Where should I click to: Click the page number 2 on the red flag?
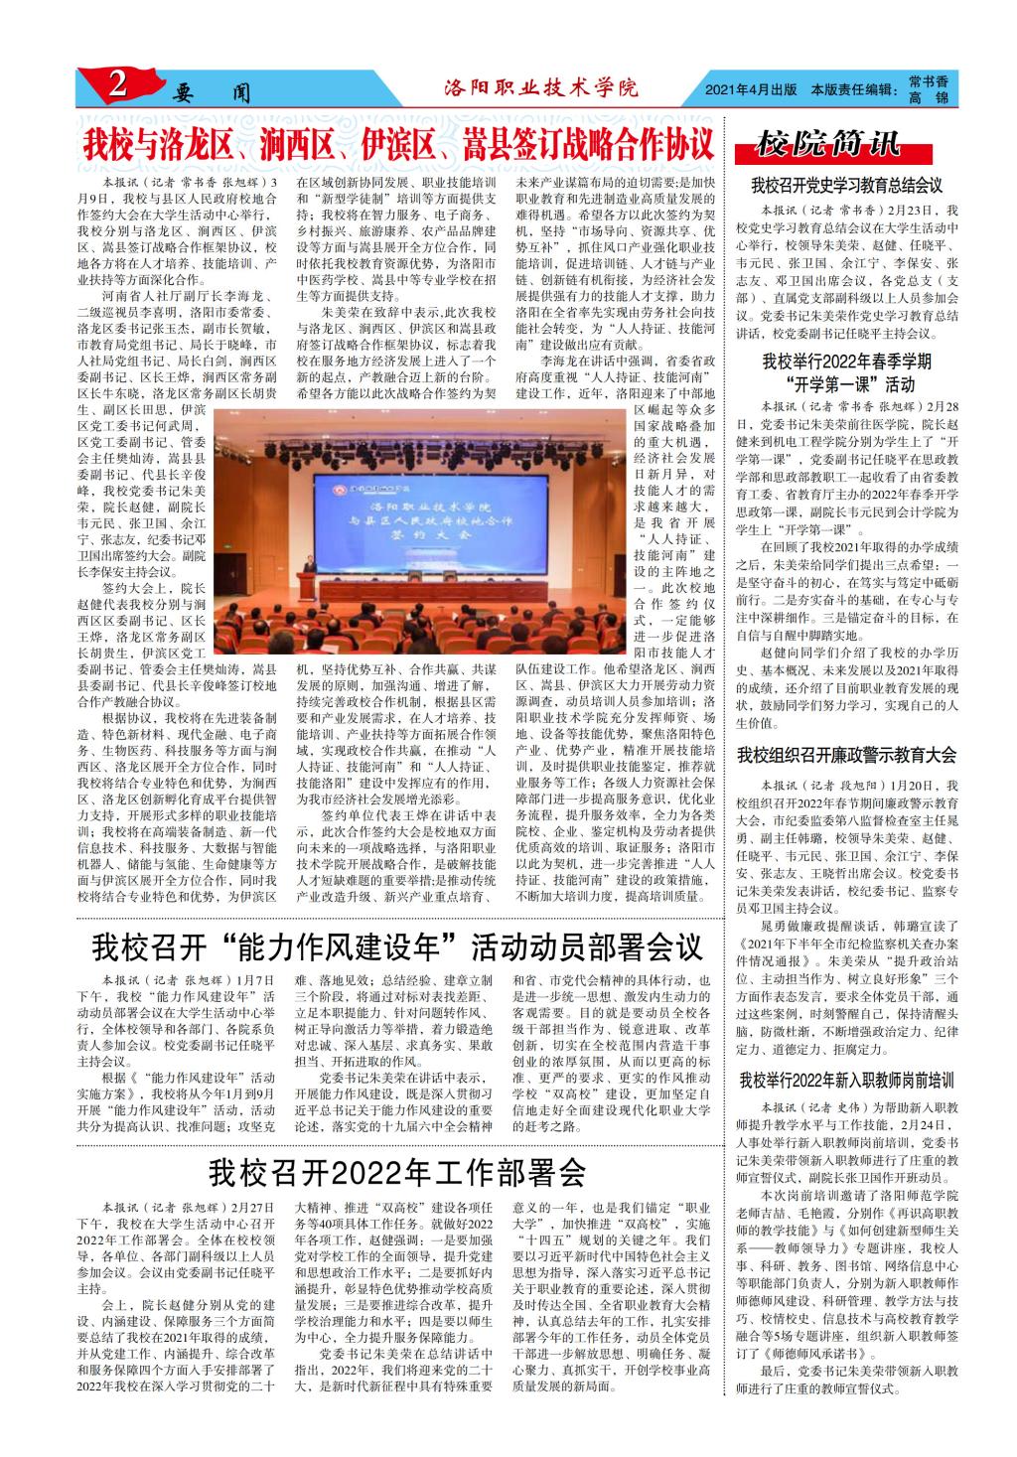pos(117,85)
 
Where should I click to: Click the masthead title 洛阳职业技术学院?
pos(541,88)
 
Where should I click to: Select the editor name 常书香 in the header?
pos(928,80)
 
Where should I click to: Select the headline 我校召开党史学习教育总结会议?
pos(846,185)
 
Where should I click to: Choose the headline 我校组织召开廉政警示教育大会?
pos(846,756)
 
